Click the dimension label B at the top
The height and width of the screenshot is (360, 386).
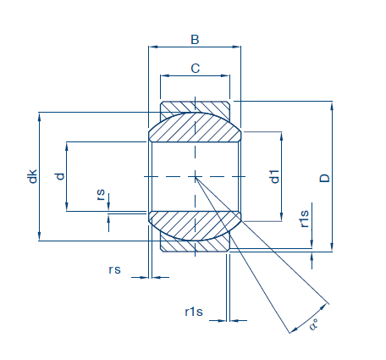[x=195, y=40]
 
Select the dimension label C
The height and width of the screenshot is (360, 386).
[x=196, y=69]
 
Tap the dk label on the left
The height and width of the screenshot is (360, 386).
[x=33, y=176]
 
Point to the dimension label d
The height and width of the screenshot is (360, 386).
[x=60, y=176]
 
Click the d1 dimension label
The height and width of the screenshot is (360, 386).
[x=274, y=177]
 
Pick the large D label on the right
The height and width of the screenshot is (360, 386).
[x=325, y=178]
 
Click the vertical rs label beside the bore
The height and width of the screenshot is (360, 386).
[x=101, y=195]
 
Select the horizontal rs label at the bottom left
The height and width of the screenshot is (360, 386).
[x=114, y=269]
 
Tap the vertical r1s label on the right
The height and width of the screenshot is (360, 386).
[x=305, y=219]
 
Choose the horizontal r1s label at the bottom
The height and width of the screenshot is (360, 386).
[x=194, y=312]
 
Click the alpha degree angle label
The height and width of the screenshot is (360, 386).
[x=314, y=324]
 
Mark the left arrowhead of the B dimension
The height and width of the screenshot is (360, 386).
[x=152, y=47]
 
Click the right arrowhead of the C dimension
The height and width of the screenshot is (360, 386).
[x=225, y=75]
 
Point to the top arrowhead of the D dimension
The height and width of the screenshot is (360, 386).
[x=332, y=106]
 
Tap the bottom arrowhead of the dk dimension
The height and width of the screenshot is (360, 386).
[x=39, y=236]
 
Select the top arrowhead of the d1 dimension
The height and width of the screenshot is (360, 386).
[x=281, y=136]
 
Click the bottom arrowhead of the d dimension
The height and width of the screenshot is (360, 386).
[x=67, y=207]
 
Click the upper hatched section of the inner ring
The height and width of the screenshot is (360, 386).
[x=195, y=127]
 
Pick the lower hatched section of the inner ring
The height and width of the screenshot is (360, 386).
[x=195, y=226]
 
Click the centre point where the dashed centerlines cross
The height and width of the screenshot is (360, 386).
[x=195, y=177]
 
